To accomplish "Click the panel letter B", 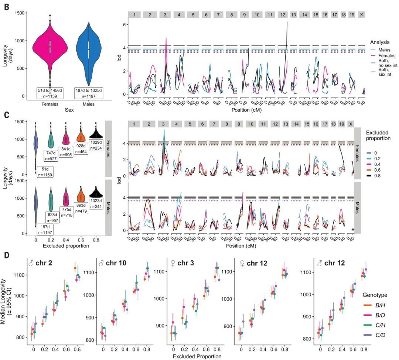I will tap(7, 7).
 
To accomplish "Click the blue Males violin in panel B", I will tap(89, 48).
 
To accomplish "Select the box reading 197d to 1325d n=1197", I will tap(89, 93).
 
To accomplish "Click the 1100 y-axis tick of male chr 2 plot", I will tap(20, 275).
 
